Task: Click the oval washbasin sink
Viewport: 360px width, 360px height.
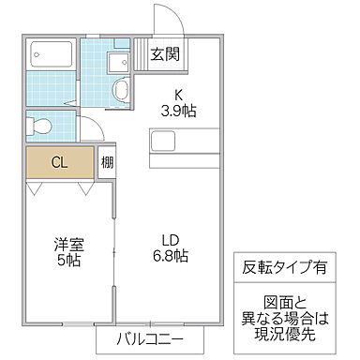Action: tap(121, 89)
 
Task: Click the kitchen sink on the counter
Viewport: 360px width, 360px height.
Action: tap(165, 141)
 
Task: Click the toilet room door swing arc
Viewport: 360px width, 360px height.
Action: tap(86, 131)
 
